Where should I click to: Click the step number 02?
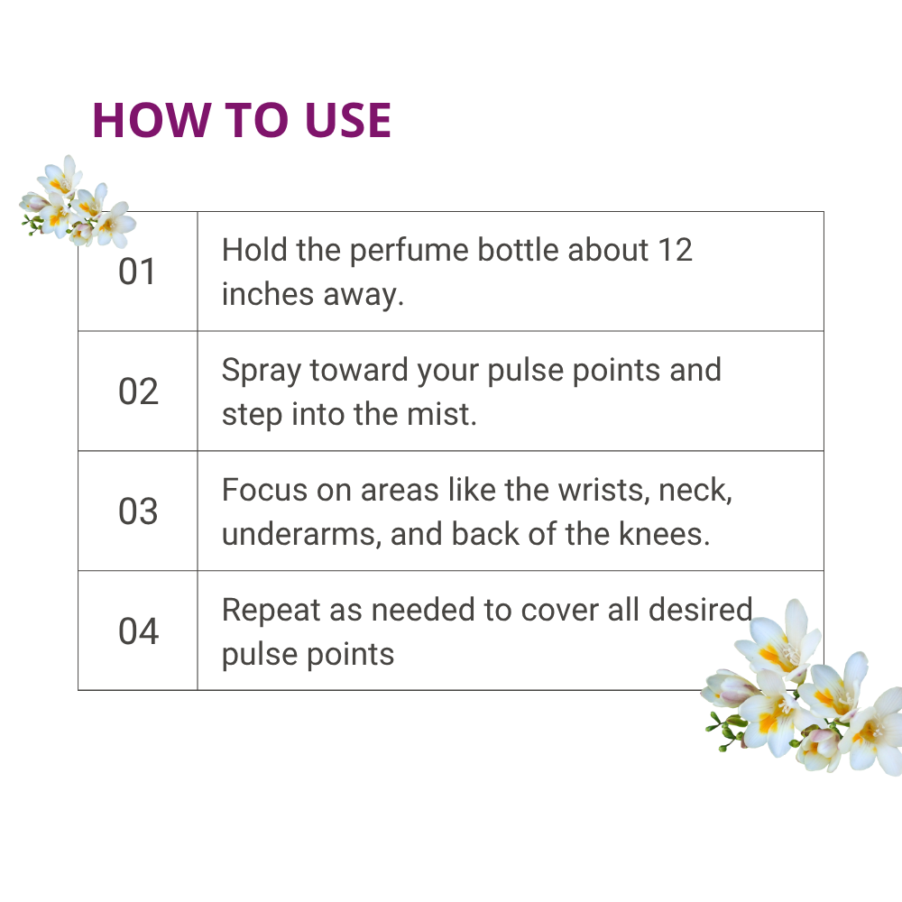[138, 391]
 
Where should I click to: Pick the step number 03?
[138, 511]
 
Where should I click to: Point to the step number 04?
[139, 631]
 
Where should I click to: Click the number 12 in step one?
[675, 250]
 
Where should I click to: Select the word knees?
[664, 534]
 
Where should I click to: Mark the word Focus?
[264, 490]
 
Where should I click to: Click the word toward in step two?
[359, 370]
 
